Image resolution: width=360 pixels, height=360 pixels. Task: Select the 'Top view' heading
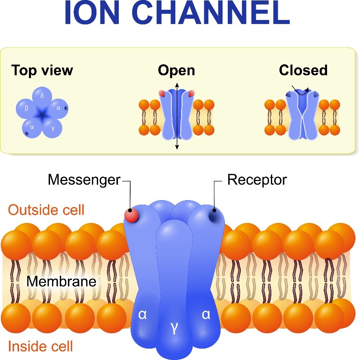point(42,70)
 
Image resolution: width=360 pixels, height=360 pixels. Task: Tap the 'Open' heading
point(177,70)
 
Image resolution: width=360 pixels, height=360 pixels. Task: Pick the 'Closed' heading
point(303,70)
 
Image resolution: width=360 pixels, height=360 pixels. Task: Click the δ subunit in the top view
point(42,97)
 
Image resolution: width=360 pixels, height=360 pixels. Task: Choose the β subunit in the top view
point(26,109)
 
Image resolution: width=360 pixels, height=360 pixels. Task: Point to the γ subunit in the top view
point(52,128)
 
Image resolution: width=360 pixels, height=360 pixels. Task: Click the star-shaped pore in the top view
point(42,115)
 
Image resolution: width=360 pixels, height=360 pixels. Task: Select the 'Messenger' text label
point(84,179)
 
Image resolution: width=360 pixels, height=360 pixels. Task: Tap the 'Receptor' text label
point(257,179)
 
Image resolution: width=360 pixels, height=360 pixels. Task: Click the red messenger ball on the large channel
point(132,215)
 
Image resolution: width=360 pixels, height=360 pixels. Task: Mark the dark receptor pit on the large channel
point(214,215)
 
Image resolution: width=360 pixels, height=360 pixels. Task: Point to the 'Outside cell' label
point(46,210)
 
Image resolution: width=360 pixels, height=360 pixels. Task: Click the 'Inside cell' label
point(41,346)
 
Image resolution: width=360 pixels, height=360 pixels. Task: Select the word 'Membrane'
point(61,281)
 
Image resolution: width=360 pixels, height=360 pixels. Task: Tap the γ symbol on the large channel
point(175,328)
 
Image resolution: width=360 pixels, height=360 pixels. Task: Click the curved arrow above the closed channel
point(301,92)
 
